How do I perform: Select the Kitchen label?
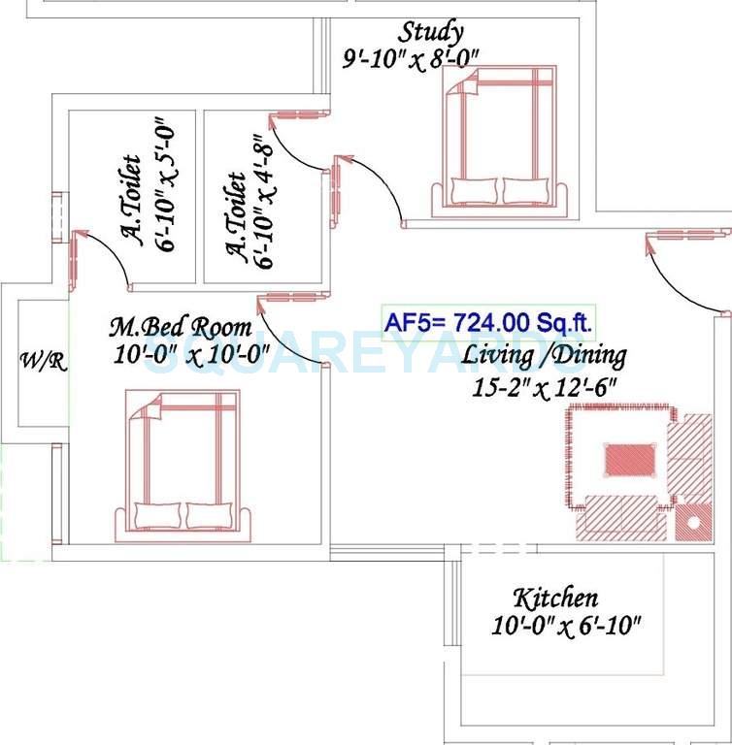(555, 598)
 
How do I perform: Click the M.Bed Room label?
(180, 327)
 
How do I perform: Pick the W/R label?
(43, 362)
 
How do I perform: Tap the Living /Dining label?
(543, 355)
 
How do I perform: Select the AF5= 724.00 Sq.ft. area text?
(489, 322)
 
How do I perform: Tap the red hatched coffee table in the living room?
(630, 459)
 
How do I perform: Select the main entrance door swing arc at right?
(679, 267)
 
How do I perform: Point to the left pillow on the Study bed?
(474, 190)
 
